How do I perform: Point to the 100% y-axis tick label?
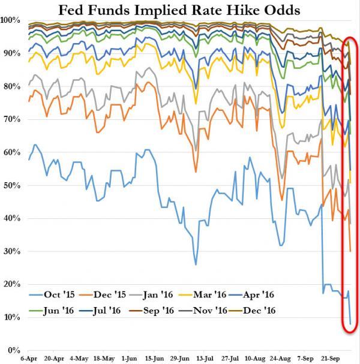coord(11,21)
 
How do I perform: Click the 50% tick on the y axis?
coord(13,186)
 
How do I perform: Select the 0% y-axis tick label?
coord(15,350)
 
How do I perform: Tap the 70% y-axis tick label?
coord(13,120)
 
